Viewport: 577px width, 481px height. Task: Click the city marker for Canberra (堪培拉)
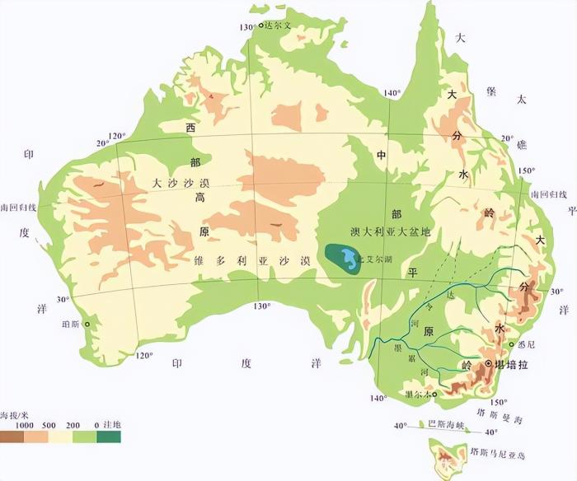coord(488,363)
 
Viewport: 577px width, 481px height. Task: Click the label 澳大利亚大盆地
coord(391,233)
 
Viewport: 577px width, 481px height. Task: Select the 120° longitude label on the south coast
coord(143,356)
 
